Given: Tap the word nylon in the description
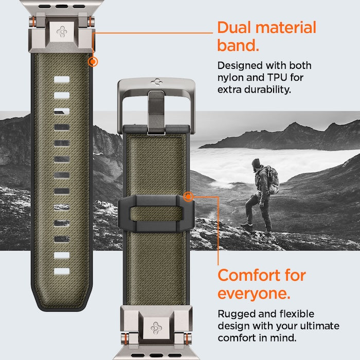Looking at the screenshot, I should coord(230,78).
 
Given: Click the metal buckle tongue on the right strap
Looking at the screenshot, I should coord(154,111).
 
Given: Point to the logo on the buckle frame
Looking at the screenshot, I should coord(155,81).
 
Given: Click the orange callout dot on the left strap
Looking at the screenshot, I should coord(93,62).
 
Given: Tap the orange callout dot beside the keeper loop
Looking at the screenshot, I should coord(188,196).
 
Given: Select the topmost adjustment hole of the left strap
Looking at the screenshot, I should coord(61,80).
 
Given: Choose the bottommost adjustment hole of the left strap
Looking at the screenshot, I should coord(61,271).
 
